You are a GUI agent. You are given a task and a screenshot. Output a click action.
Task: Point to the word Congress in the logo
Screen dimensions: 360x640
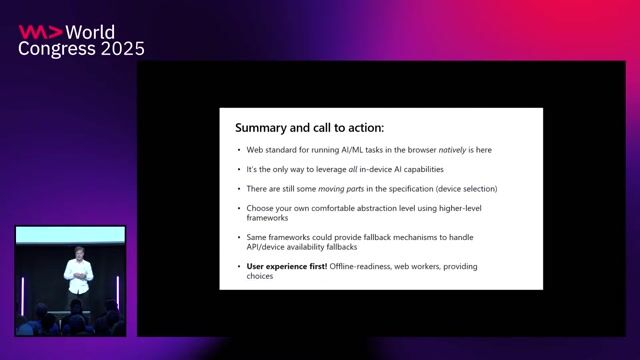tap(51, 48)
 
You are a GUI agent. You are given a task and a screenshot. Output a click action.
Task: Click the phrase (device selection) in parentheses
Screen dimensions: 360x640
tap(461, 188)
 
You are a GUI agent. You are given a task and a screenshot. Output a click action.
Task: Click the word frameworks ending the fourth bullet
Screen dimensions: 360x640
tap(267, 216)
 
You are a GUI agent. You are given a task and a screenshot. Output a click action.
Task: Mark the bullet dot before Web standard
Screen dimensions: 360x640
tap(237, 151)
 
